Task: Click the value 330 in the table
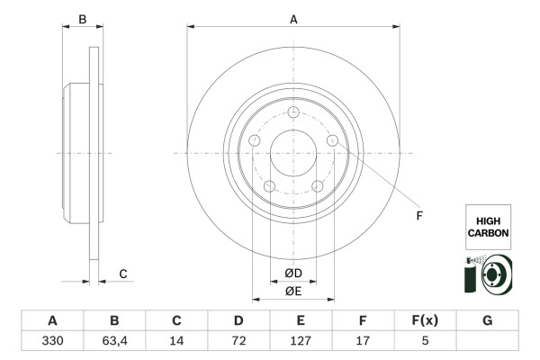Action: coord(52,343)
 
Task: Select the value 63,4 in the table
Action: coord(114,343)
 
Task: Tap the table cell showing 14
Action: coord(176,343)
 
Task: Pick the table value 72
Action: coord(238,343)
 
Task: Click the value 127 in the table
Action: coord(301,343)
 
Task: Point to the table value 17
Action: coord(363,343)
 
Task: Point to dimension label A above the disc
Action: coord(293,18)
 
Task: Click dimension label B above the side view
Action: coord(82,18)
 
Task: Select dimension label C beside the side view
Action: coord(123,274)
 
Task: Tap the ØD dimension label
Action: coord(293,273)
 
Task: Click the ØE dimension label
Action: coord(293,291)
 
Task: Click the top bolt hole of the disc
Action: coord(293,112)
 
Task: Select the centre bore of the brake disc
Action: coord(293,154)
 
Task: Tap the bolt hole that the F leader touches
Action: coord(333,141)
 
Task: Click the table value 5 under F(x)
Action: coord(425,343)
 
